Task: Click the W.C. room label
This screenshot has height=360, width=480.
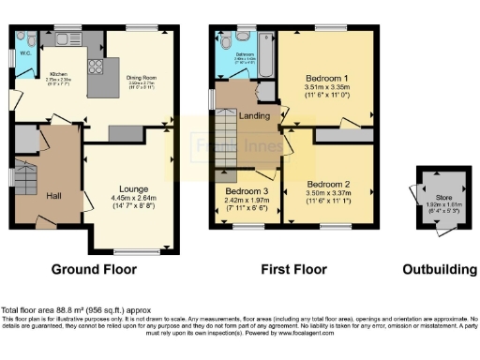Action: click(25, 52)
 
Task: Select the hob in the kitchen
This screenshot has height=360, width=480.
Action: click(95, 66)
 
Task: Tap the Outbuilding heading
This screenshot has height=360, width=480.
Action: click(439, 270)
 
